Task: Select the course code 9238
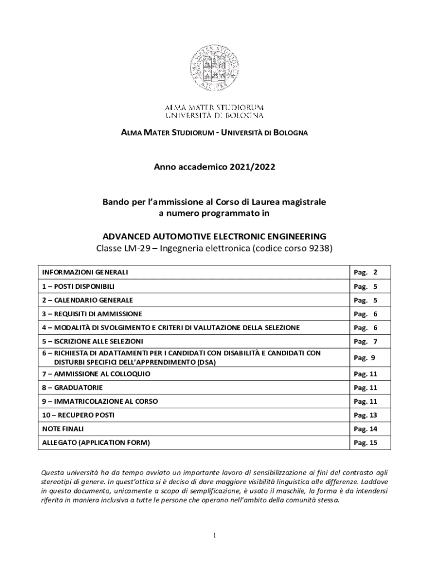pos(320,248)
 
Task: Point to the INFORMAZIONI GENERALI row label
pos(85,272)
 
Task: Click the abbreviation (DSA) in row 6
pos(203,362)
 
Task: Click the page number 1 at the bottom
pos(214,536)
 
